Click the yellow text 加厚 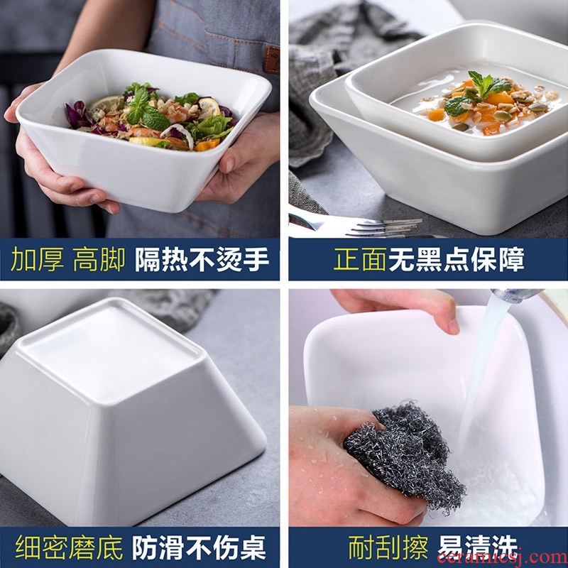pyautogui.click(x=38, y=259)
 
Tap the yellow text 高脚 pyautogui.click(x=99, y=259)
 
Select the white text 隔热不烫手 pyautogui.click(x=202, y=259)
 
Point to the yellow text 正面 pyautogui.click(x=359, y=259)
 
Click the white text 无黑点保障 pyautogui.click(x=457, y=259)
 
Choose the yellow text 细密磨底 pyautogui.click(x=69, y=547)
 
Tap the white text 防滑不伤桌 pyautogui.click(x=199, y=547)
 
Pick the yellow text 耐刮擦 pyautogui.click(x=388, y=547)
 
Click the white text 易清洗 pyautogui.click(x=477, y=547)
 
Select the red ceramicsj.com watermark pyautogui.click(x=502, y=557)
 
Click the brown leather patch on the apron pyautogui.click(x=271, y=60)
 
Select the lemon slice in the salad pyautogui.click(x=209, y=107)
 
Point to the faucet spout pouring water pyautogui.click(x=517, y=295)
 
